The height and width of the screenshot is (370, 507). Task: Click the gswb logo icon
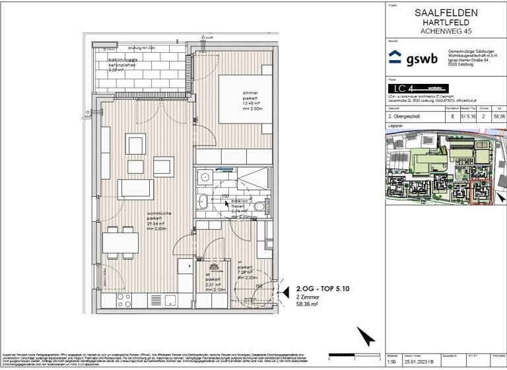coord(394,57)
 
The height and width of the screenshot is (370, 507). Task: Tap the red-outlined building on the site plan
coord(480,192)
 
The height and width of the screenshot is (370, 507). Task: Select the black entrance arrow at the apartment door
coord(286,291)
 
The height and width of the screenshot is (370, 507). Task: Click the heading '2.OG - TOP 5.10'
coord(319,289)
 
